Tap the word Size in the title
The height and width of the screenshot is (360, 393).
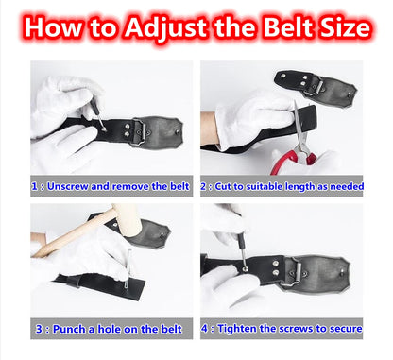pyautogui.click(x=345, y=26)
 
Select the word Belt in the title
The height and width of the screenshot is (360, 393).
pyautogui.click(x=289, y=26)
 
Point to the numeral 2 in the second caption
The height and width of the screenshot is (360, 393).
pyautogui.click(x=204, y=186)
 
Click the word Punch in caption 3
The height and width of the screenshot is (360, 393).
pyautogui.click(x=69, y=329)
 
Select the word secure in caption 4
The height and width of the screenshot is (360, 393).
pyautogui.click(x=346, y=329)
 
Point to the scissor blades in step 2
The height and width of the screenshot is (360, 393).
pyautogui.click(x=300, y=126)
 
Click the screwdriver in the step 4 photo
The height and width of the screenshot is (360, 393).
pyautogui.click(x=242, y=253)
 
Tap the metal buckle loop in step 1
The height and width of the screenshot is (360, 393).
pyautogui.click(x=140, y=132)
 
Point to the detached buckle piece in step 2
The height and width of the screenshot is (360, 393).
pyautogui.click(x=315, y=86)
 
